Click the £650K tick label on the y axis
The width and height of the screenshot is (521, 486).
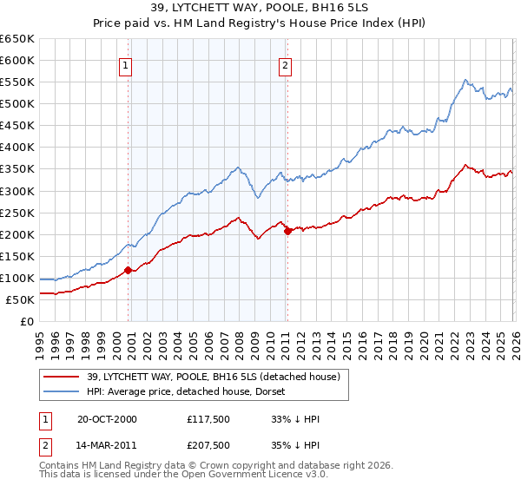pyautogui.click(x=17, y=39)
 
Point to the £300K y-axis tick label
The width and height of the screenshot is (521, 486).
pyautogui.click(x=17, y=191)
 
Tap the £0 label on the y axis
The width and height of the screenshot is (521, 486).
pyautogui.click(x=27, y=321)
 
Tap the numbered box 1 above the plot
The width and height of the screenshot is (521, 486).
pyautogui.click(x=127, y=64)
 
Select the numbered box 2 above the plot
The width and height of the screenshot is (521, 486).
pyautogui.click(x=285, y=64)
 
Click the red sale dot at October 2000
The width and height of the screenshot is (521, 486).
pyautogui.click(x=129, y=270)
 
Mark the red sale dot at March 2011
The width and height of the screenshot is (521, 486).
pyautogui.click(x=287, y=231)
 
